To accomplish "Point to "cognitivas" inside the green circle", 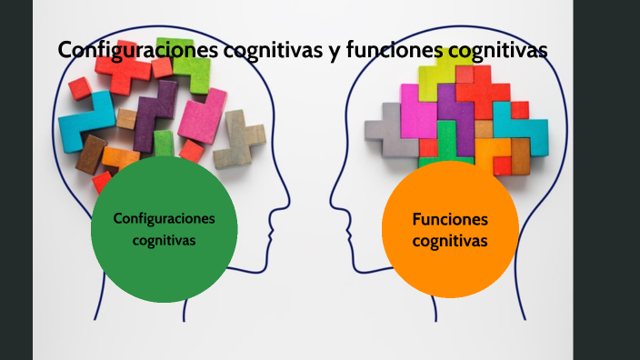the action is pos(164,240).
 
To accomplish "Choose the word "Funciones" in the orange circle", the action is pos(450,219).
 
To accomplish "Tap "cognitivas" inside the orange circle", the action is pos(450,241).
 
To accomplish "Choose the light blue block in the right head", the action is pos(523,127).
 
